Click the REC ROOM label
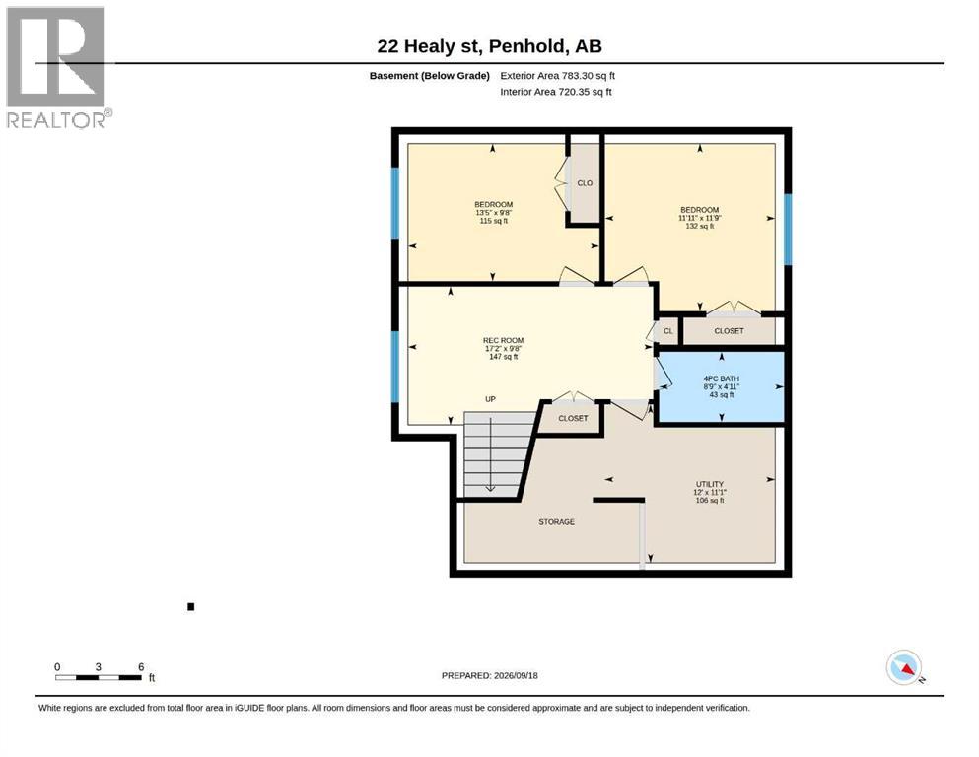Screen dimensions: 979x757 pos(503,348)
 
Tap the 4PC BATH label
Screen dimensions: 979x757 pos(721,386)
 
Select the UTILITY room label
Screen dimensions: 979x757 pos(710,492)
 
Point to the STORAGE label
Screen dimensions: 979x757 pos(556,521)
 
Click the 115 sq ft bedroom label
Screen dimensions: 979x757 pos(493,212)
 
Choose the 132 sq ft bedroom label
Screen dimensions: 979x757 pos(699,218)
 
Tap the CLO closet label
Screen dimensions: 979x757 pos(585,183)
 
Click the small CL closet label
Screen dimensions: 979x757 pos(668,331)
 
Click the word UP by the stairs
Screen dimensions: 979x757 pos(490,399)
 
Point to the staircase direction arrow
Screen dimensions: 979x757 pos(491,454)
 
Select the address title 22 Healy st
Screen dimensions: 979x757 pos(489,46)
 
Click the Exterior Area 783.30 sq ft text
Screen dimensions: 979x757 pos(558,76)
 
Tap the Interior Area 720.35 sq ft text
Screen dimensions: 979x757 pos(556,92)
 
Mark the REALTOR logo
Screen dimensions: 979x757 pos(57,67)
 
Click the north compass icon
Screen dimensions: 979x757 pos(905,667)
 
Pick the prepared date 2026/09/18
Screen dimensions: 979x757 pos(489,675)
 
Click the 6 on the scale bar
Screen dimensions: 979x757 pos(141,666)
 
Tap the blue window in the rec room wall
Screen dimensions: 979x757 pos(394,367)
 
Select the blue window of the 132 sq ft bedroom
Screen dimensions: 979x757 pos(788,229)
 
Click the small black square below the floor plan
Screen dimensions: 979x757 pos(191,606)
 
